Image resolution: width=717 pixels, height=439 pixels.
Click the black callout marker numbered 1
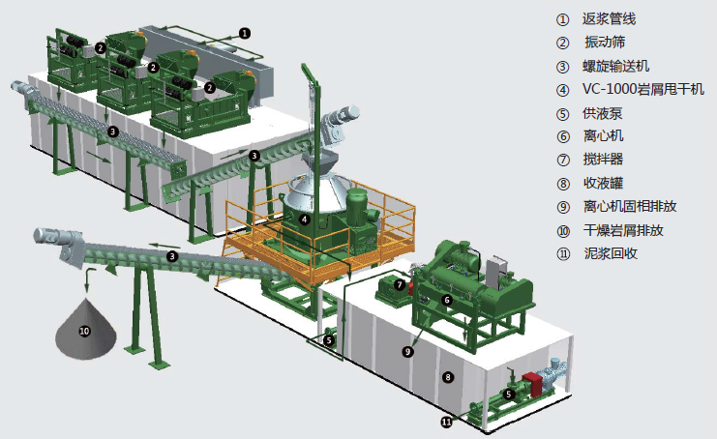tap(245, 33)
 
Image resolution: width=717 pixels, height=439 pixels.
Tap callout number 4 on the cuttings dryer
tap(304, 219)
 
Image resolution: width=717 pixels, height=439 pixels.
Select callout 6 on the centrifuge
tap(447, 300)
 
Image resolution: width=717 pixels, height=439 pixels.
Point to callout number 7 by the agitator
tap(400, 285)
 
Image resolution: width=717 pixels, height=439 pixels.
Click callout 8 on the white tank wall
tap(448, 377)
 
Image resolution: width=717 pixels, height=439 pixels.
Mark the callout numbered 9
tap(407, 351)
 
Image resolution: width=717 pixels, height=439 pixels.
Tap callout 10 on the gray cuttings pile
tap(84, 331)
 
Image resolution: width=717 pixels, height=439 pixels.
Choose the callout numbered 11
tap(446, 422)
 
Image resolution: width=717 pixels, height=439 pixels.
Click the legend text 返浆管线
tap(609, 19)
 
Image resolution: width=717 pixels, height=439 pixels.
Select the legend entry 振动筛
tap(605, 42)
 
